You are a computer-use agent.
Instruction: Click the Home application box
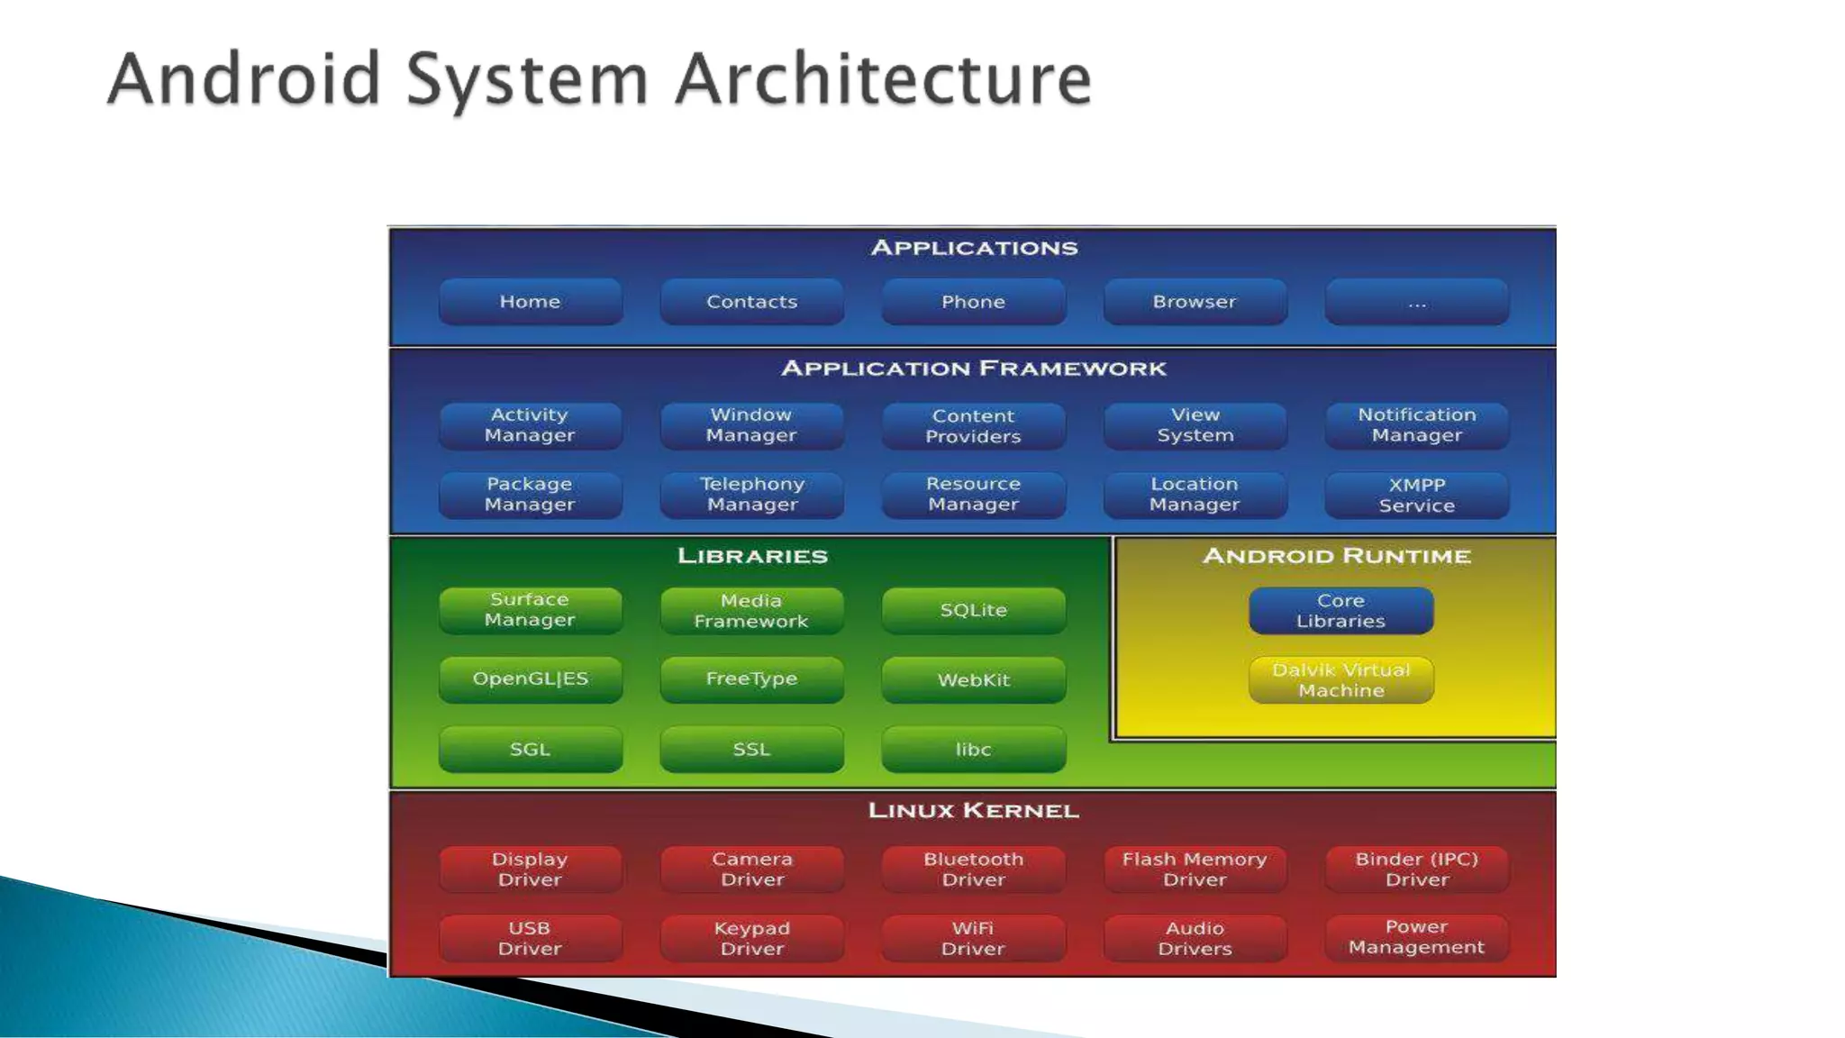(x=530, y=302)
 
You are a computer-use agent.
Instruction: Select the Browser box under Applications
(x=1195, y=302)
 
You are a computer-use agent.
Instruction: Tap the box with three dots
(x=1416, y=302)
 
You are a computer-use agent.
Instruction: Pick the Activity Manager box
(x=530, y=425)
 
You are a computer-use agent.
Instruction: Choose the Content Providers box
(x=973, y=426)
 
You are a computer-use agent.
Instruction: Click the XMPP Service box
(x=1416, y=496)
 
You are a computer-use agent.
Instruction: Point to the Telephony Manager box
(x=751, y=495)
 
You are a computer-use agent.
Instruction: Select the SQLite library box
(x=973, y=610)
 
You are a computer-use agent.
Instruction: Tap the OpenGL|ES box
(x=530, y=679)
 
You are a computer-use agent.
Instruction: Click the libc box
(x=973, y=750)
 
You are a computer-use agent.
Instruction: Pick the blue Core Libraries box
(x=1341, y=611)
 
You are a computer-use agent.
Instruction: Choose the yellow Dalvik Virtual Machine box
(x=1341, y=680)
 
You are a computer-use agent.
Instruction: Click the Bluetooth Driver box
(x=973, y=870)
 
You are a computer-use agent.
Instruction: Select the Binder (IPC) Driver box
(x=1416, y=870)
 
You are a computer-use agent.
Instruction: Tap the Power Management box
(x=1416, y=938)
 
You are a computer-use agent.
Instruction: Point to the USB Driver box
(x=530, y=938)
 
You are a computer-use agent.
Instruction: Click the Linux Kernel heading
(x=973, y=811)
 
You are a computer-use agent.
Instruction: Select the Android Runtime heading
(x=1337, y=556)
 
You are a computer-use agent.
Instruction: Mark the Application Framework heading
(x=973, y=369)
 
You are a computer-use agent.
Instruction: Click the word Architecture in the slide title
(x=883, y=79)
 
